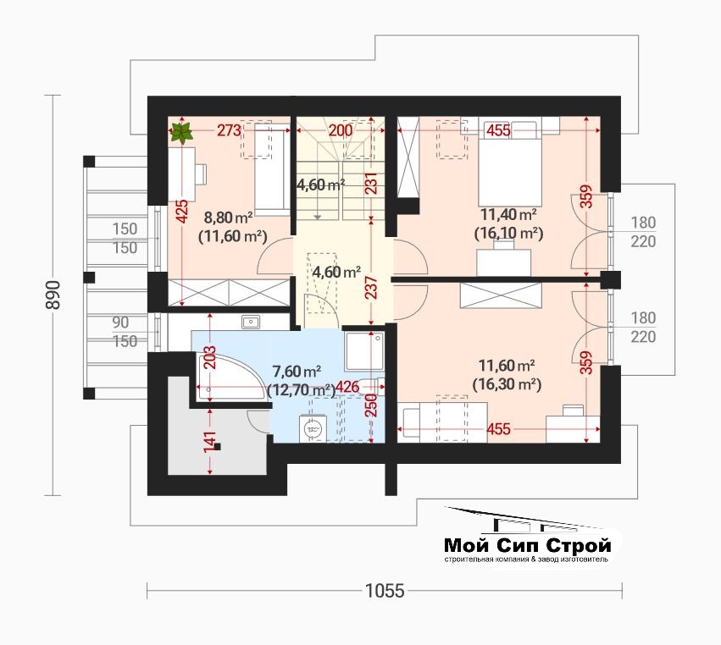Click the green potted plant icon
coord(181,133)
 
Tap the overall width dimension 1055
coord(385,590)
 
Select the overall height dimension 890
coord(53,295)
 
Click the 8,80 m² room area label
coord(228,217)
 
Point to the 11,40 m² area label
coord(508,214)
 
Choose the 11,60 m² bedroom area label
coord(507,366)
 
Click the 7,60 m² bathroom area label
coord(297,370)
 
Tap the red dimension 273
coord(229,130)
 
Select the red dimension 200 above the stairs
coord(341,130)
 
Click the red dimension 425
coord(182,212)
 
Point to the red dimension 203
coord(209,357)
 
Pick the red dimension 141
coord(209,443)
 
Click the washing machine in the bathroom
coord(313,429)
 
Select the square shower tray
coord(363,351)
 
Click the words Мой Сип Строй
coord(528,545)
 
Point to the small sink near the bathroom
coord(250,322)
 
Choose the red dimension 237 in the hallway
coord(372,287)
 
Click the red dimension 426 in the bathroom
coord(347,388)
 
